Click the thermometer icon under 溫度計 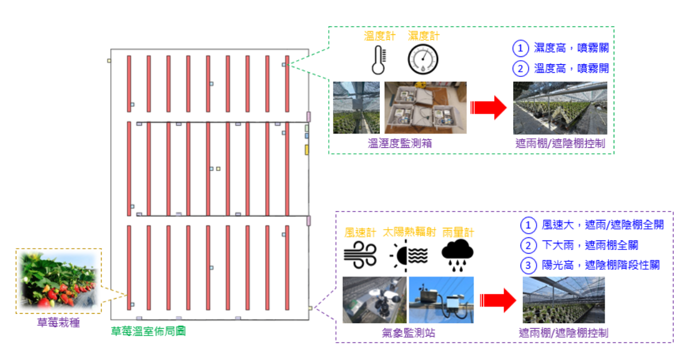pyautogui.click(x=377, y=59)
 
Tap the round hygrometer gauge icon pyautogui.click(x=423, y=59)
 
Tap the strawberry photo pyautogui.click(x=58, y=281)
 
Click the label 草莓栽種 pyautogui.click(x=58, y=323)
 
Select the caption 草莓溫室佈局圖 pyautogui.click(x=148, y=331)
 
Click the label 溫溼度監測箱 pyautogui.click(x=399, y=144)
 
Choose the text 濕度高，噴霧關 pyautogui.click(x=575, y=48)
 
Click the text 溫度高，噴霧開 pyautogui.click(x=575, y=69)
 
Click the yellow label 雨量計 pyautogui.click(x=458, y=232)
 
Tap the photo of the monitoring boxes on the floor pyautogui.click(x=425, y=108)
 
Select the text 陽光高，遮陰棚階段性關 pyautogui.click(x=600, y=265)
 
